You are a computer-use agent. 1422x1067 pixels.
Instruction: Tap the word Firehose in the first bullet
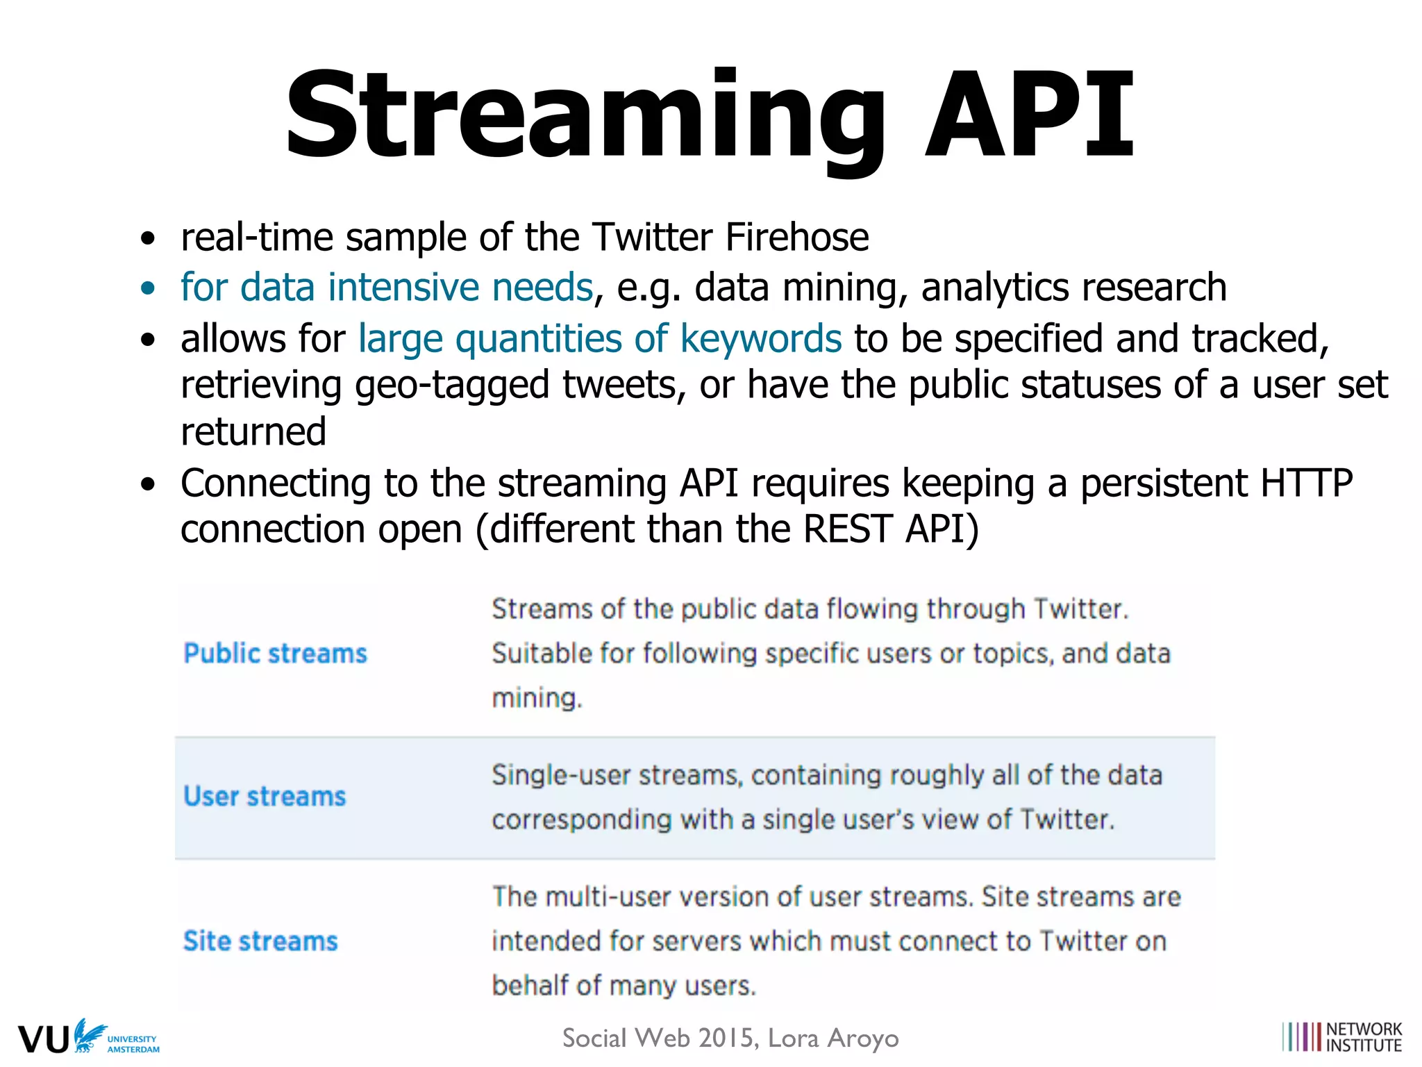point(797,238)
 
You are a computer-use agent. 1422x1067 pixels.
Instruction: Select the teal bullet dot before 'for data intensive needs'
point(147,288)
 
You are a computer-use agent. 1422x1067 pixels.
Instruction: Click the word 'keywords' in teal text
point(761,339)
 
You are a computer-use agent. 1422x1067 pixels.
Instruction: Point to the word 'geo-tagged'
point(452,386)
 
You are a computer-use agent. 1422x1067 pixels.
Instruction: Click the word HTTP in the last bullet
point(1307,483)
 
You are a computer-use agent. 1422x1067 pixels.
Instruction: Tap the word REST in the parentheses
point(847,529)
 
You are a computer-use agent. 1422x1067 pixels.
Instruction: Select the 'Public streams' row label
point(275,654)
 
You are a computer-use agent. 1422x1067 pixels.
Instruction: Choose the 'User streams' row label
point(265,797)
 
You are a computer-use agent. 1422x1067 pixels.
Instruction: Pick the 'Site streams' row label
point(260,941)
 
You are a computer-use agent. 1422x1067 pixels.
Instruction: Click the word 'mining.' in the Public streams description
point(537,698)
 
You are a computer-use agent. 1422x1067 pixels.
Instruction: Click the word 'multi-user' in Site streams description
point(608,897)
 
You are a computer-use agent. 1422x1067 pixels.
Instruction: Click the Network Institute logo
point(1342,1037)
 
